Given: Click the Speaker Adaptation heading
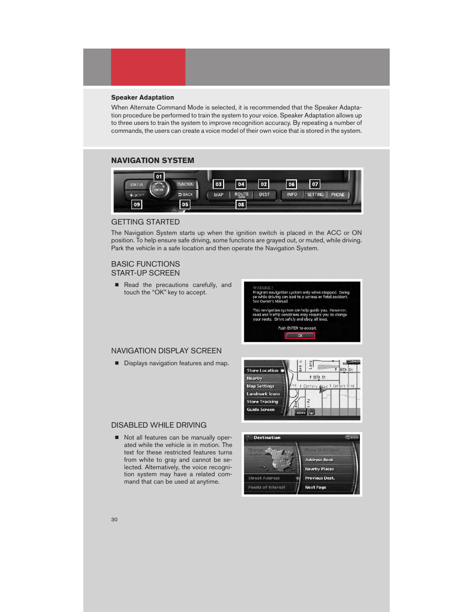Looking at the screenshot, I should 142,98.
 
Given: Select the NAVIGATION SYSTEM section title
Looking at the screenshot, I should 153,161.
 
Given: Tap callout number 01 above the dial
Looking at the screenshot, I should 159,176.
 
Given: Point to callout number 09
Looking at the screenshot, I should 137,204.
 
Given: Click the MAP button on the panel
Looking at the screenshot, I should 219,195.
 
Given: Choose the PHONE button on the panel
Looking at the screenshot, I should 338,195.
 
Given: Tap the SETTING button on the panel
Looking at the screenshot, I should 315,195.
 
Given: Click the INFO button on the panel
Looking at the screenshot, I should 292,195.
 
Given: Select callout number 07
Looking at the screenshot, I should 315,184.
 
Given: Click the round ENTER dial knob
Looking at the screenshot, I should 159,189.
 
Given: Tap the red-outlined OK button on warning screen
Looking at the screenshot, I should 300,335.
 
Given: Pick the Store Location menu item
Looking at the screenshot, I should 263,371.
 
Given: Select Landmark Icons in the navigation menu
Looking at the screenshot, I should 263,394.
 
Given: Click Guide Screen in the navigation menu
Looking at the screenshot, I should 261,410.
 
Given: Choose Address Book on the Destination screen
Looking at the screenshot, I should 319,460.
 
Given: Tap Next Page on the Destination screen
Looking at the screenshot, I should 316,488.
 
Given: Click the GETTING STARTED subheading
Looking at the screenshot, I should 145,222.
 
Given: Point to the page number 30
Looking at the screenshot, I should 115,519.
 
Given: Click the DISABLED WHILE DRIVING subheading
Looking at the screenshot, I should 159,425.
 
